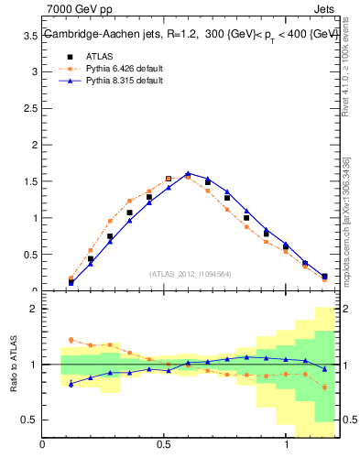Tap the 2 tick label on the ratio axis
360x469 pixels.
(33, 309)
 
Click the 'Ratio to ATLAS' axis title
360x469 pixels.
(13, 365)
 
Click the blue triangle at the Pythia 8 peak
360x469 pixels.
(188, 172)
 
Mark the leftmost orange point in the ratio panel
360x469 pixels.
(71, 340)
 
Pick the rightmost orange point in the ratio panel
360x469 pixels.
(324, 387)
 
